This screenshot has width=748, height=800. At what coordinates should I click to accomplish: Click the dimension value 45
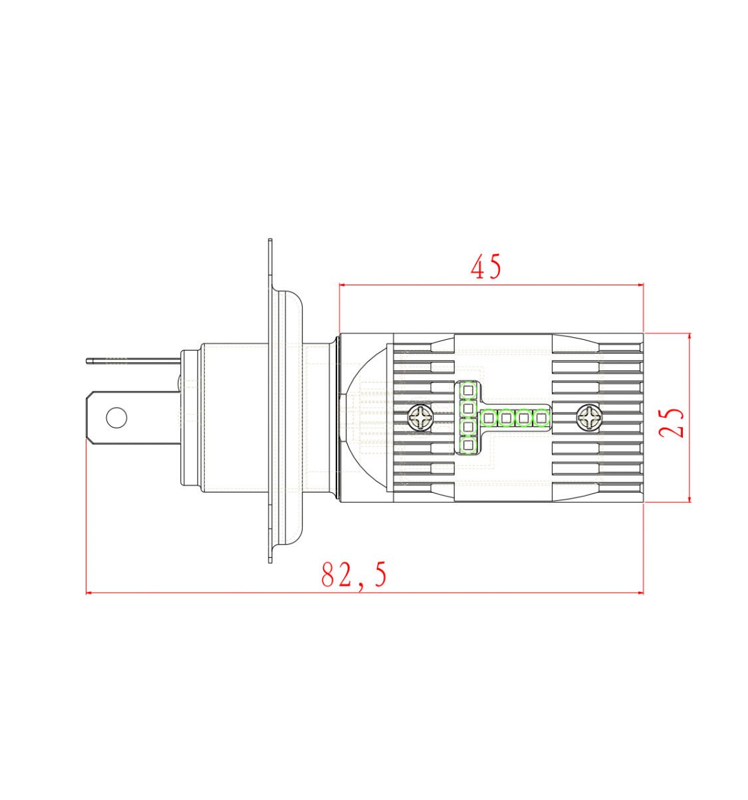[486, 267]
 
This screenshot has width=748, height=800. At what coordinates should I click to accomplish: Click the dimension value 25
[672, 424]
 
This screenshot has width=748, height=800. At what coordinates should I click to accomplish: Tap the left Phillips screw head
[420, 418]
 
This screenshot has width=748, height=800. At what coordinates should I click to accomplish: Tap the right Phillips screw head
[589, 418]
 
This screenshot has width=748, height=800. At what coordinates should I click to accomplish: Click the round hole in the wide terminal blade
[116, 418]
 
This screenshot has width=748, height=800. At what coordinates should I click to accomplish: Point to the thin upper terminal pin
[133, 361]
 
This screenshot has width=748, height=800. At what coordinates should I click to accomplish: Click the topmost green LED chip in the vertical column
[467, 390]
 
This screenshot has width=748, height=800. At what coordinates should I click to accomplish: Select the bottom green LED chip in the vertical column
[467, 445]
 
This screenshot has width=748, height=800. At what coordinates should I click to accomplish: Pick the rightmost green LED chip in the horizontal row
[541, 418]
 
